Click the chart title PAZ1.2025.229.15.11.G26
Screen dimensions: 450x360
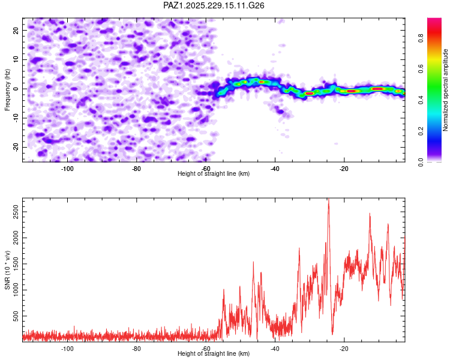click(x=214, y=5)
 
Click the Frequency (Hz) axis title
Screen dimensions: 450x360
click(x=7, y=90)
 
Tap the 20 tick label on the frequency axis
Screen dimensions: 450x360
click(x=16, y=30)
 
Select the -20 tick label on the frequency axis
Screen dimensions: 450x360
click(x=16, y=148)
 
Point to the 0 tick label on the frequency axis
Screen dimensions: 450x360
click(x=16, y=89)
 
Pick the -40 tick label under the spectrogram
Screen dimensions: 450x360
click(x=275, y=169)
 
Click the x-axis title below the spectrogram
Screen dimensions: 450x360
click(x=214, y=173)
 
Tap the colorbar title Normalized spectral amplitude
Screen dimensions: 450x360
click(x=445, y=90)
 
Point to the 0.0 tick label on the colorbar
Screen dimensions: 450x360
click(x=421, y=162)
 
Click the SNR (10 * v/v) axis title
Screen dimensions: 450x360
click(x=7, y=270)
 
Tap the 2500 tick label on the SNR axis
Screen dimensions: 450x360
click(x=16, y=212)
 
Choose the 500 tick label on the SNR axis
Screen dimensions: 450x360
click(x=16, y=316)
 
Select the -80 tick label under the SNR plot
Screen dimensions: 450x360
click(x=136, y=349)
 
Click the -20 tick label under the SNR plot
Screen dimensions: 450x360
click(x=344, y=349)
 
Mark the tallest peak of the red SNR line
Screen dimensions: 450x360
click(x=329, y=199)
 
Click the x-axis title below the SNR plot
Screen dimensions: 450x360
click(x=214, y=353)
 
